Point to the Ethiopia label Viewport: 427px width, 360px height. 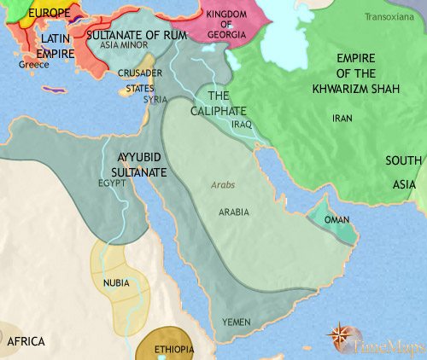174,350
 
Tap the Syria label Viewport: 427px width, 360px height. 155,99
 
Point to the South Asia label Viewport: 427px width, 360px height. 403,171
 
